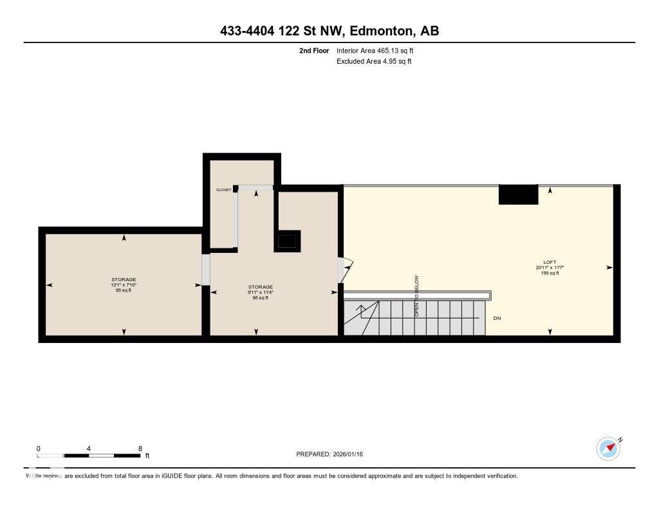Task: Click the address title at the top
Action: tap(329, 31)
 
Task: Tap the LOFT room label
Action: tap(550, 262)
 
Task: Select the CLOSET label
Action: tap(223, 190)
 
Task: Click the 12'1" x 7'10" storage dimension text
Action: tap(124, 285)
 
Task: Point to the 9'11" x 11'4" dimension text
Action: tap(261, 292)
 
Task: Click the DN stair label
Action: tap(497, 319)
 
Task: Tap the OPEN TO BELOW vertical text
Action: tap(416, 296)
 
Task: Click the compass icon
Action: tap(608, 449)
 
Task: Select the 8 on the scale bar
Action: tap(140, 449)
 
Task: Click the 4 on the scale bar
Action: tap(89, 449)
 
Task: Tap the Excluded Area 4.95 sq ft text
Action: tap(374, 62)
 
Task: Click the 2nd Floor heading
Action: tap(314, 50)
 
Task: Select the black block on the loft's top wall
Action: tap(518, 194)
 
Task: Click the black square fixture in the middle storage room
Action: tap(287, 241)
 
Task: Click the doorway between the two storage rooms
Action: tap(206, 270)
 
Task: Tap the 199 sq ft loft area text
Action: tap(550, 273)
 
